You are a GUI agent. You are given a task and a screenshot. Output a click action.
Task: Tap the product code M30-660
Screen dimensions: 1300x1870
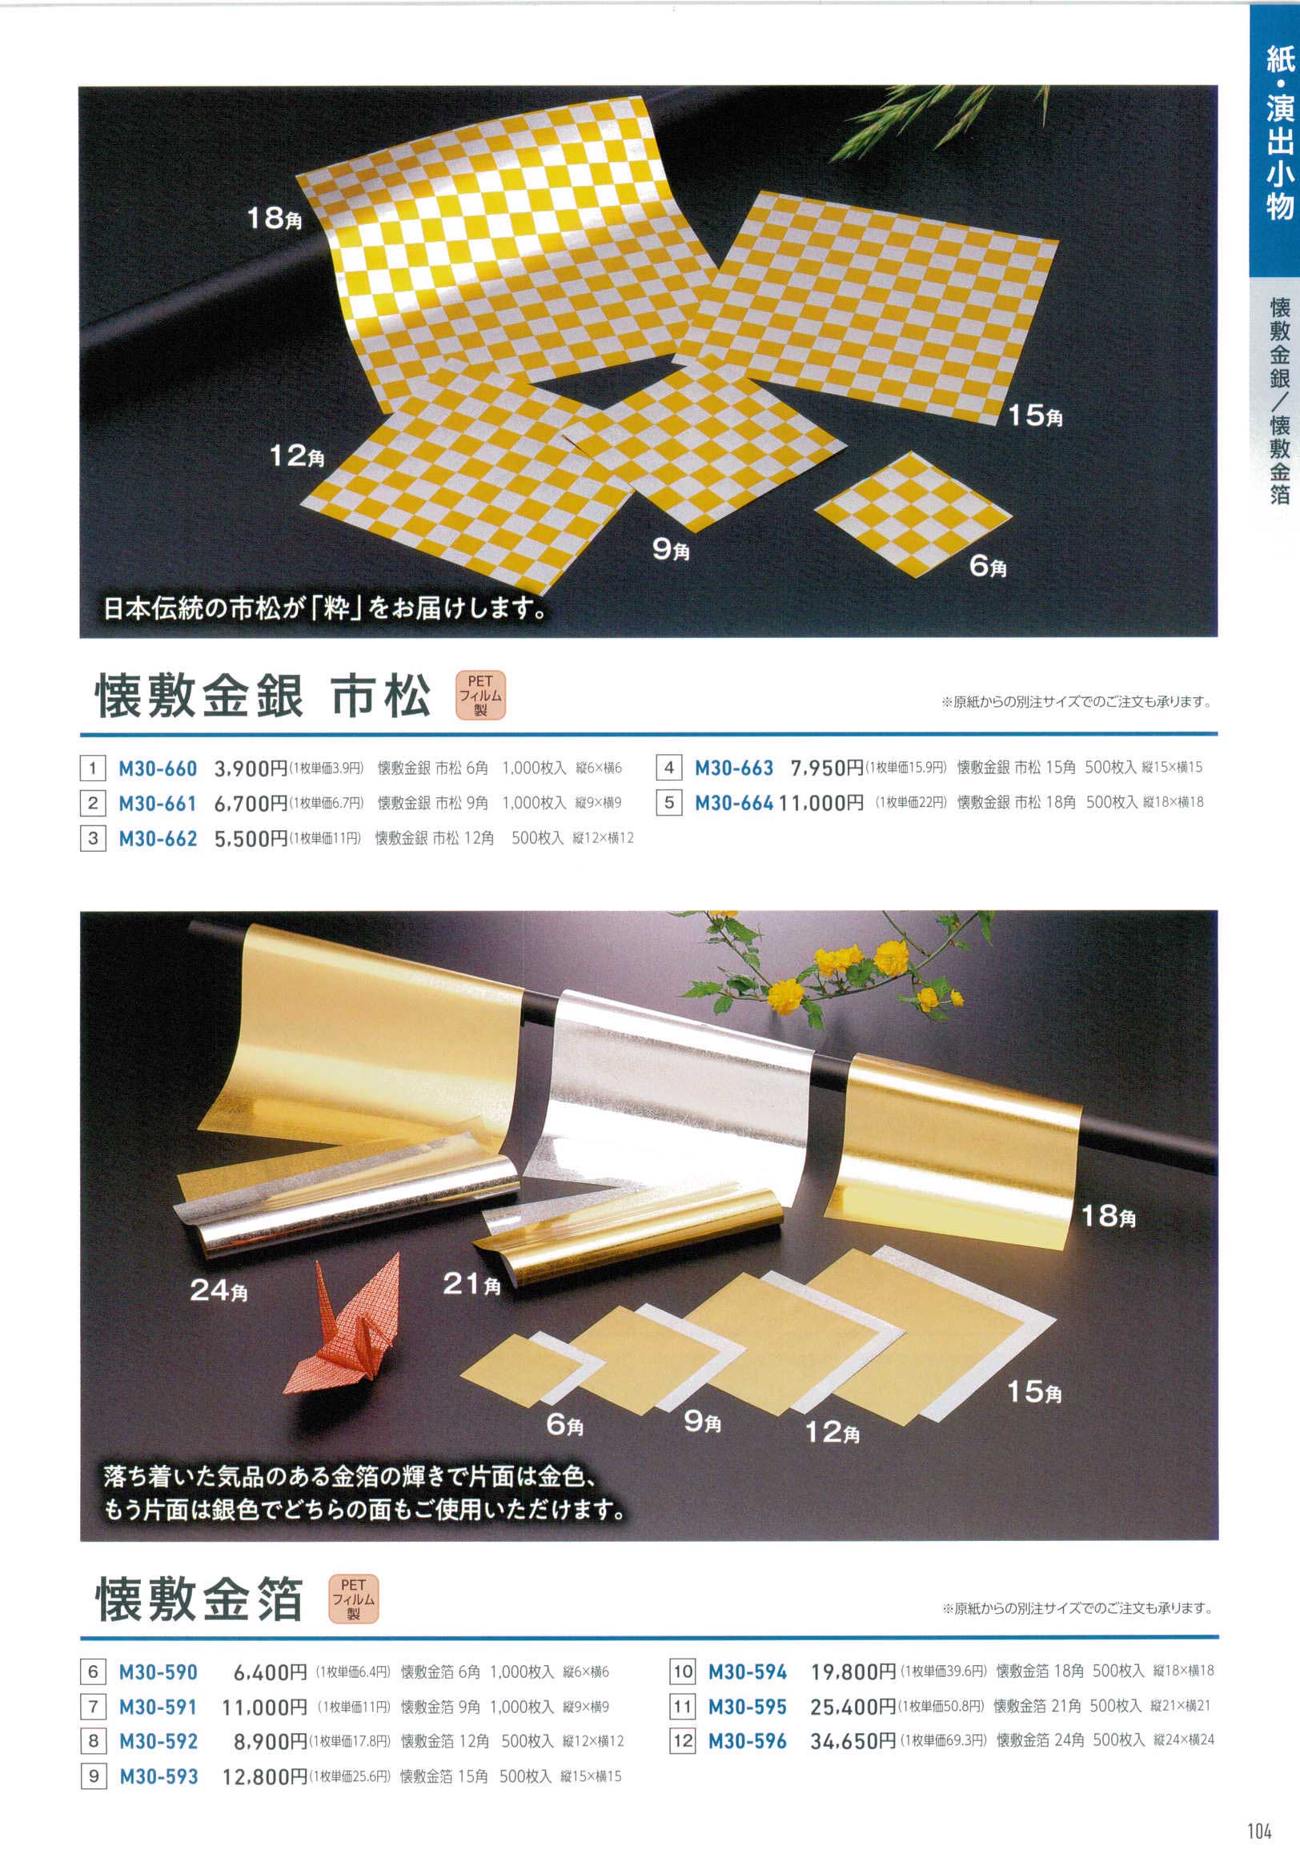158,768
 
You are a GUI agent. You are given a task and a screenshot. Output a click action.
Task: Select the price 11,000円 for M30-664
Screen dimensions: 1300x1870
821,803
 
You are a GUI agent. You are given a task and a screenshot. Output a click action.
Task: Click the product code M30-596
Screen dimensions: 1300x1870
748,1741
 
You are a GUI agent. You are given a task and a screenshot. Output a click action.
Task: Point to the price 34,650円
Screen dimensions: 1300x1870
853,1741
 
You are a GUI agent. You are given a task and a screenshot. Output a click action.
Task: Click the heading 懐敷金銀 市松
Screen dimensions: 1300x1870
264,697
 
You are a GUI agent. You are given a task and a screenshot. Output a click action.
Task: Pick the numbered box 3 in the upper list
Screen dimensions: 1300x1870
93,838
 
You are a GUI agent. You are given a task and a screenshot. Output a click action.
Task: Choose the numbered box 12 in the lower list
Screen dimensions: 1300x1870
682,1741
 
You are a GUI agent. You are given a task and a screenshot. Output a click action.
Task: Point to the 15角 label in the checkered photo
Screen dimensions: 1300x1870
1035,416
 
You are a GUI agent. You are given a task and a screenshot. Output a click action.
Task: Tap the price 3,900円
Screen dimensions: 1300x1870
251,768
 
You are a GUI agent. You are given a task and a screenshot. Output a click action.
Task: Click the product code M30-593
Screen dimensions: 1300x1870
158,1776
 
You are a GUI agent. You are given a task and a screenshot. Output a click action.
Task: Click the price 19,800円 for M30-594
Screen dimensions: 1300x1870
853,1672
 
